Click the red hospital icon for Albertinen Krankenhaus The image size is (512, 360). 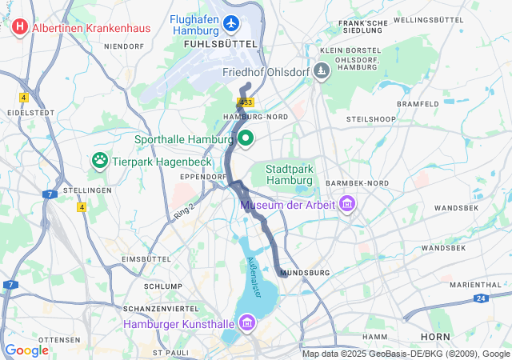(x=20, y=27)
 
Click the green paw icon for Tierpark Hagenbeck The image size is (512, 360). (x=100, y=160)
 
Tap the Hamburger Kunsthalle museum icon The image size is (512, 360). (x=246, y=324)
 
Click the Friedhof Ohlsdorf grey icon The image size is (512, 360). (x=321, y=72)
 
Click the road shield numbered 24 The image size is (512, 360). (x=479, y=298)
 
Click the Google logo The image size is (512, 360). (x=26, y=350)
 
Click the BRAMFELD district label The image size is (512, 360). (x=418, y=104)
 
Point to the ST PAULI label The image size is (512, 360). (x=169, y=352)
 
